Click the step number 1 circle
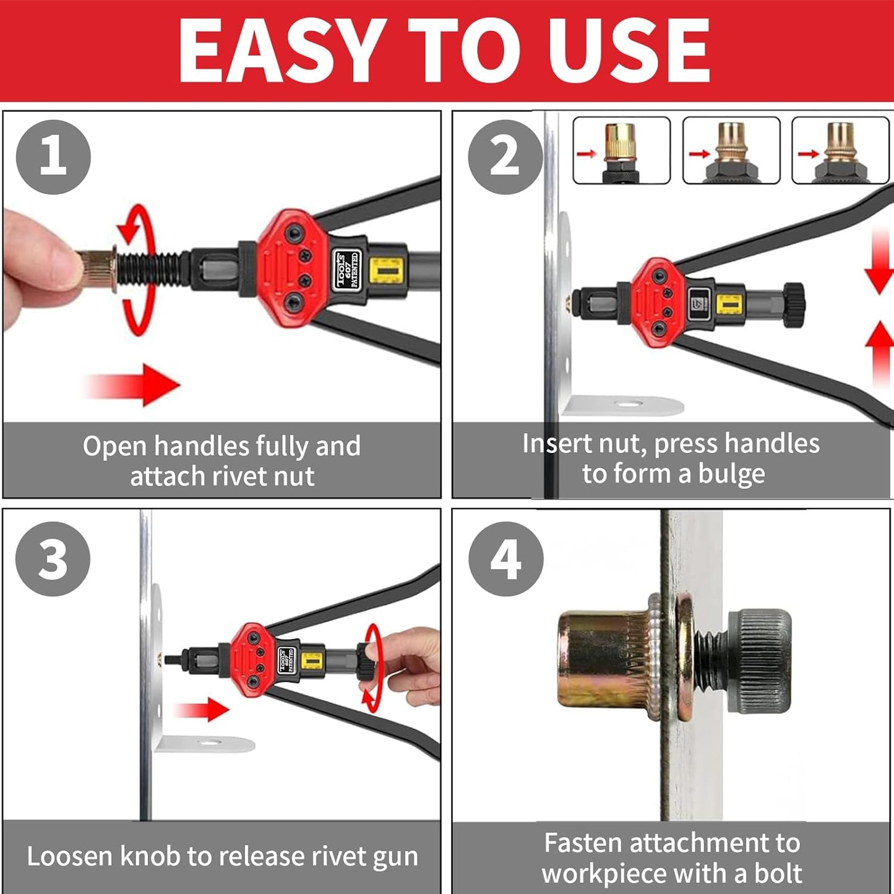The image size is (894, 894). point(53,157)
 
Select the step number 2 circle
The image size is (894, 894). point(505,157)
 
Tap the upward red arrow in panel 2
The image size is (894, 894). point(879,355)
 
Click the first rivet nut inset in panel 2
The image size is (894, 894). point(622,150)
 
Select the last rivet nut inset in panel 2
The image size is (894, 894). point(841,150)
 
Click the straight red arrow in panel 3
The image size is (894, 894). point(201,710)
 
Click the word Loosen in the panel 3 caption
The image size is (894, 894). point(70,856)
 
